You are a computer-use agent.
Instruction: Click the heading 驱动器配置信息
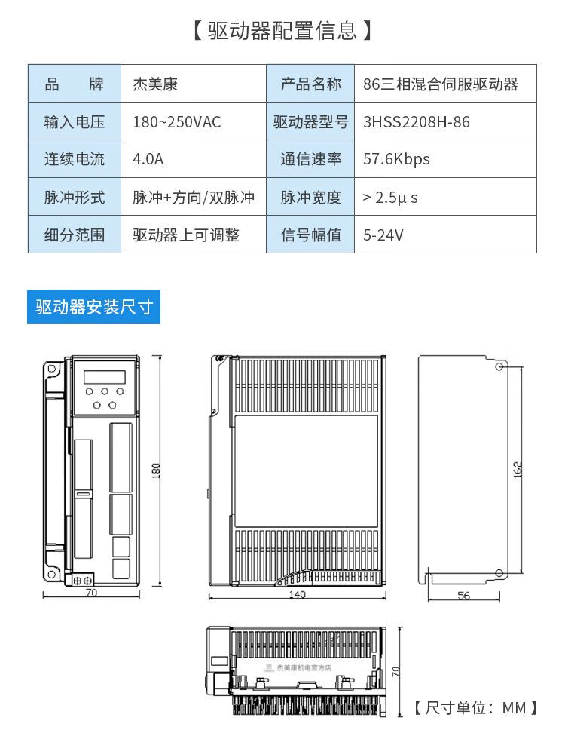(x=282, y=31)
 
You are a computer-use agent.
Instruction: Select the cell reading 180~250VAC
(x=176, y=122)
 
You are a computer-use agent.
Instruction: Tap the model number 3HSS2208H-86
(x=416, y=122)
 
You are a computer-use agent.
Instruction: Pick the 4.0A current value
(x=148, y=159)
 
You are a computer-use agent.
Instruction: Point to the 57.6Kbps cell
(x=396, y=159)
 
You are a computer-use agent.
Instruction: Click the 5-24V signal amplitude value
(x=383, y=235)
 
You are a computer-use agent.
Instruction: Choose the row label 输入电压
(x=75, y=122)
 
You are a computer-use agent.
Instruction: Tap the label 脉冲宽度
(x=310, y=197)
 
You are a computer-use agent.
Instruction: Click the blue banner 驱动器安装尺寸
(x=93, y=307)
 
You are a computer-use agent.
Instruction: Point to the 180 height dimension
(x=157, y=471)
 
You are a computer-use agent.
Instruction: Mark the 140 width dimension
(x=297, y=594)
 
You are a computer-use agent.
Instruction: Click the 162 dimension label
(x=518, y=470)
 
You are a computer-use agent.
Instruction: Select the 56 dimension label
(x=464, y=596)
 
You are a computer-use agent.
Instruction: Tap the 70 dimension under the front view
(x=91, y=593)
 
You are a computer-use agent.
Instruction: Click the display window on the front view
(x=105, y=377)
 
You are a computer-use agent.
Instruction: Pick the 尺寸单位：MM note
(x=475, y=707)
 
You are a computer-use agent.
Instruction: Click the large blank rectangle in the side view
(x=306, y=471)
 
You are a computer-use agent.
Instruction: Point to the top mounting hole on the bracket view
(x=499, y=366)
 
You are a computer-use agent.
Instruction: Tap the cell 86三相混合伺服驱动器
(x=440, y=84)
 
